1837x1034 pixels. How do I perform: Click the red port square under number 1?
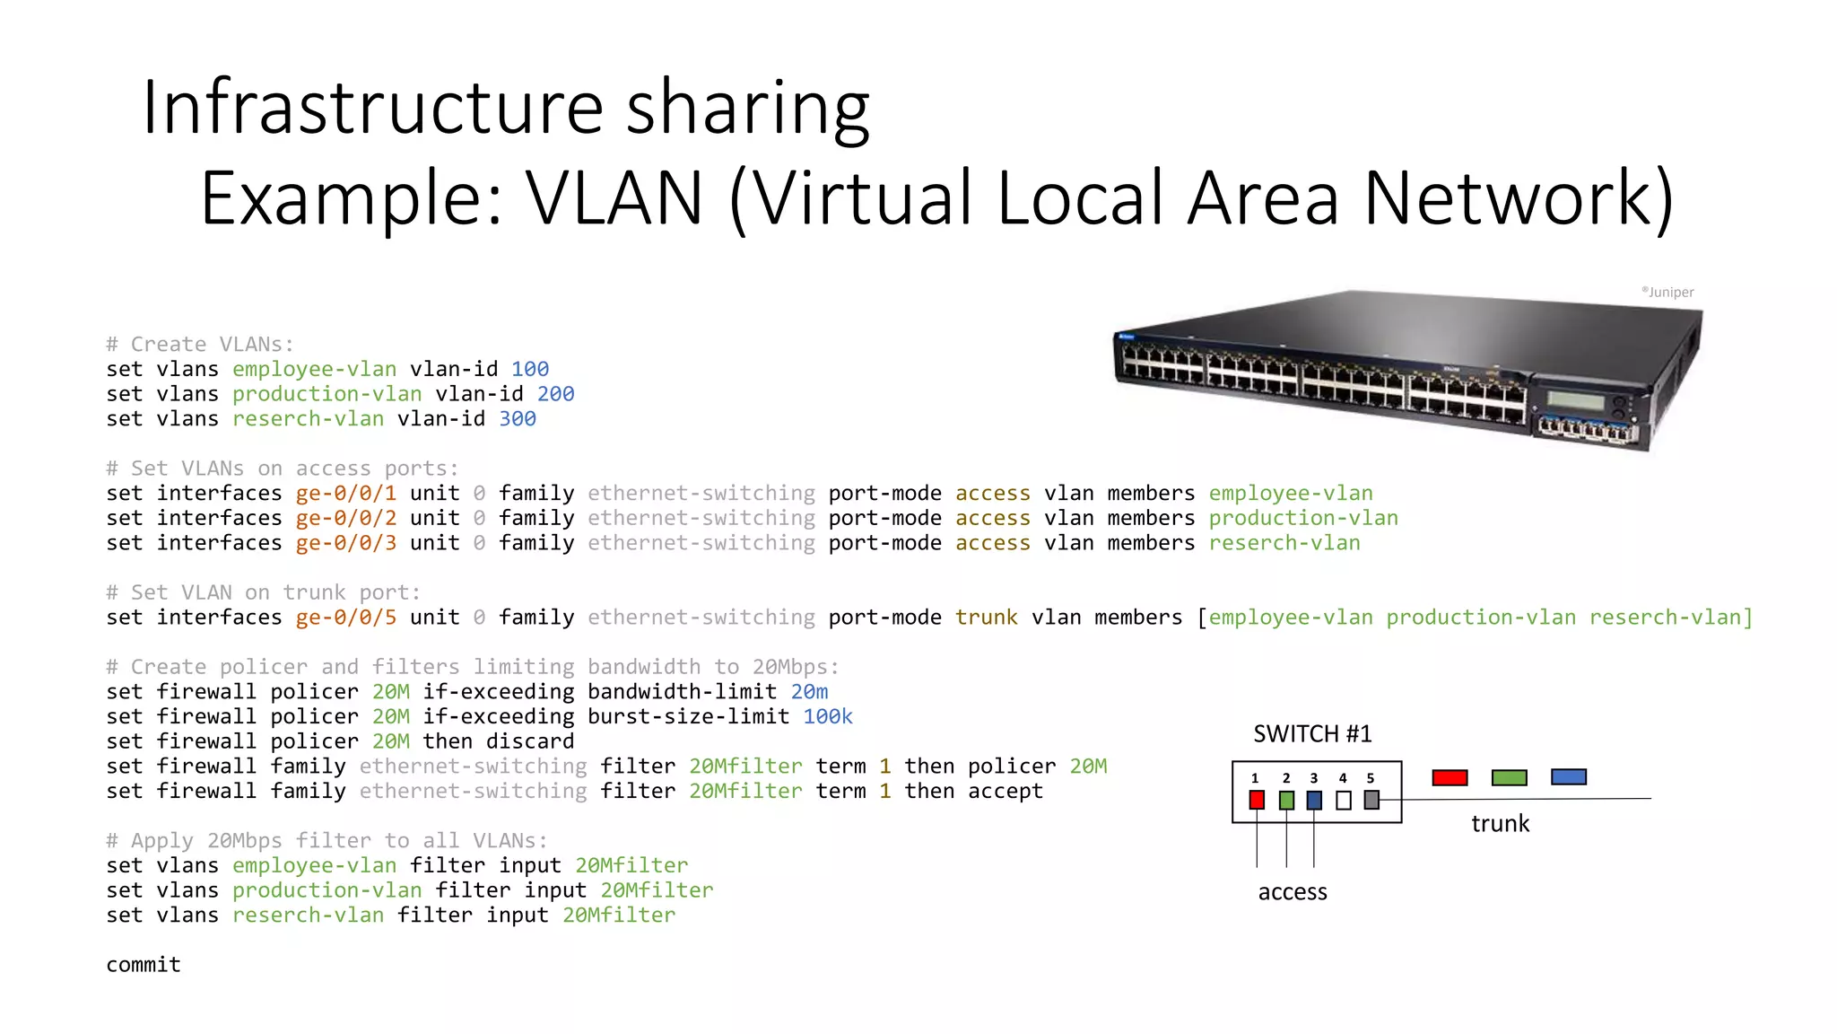point(1257,800)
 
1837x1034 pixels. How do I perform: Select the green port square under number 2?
point(1286,800)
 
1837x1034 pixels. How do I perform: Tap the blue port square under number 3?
point(1314,800)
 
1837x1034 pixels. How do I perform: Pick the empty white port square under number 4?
point(1343,800)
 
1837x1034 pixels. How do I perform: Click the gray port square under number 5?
point(1371,799)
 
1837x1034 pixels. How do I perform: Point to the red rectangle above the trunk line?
point(1450,777)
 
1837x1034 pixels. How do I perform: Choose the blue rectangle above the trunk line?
point(1568,777)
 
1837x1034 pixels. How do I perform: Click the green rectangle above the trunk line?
point(1509,777)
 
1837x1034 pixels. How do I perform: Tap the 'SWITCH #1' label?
point(1312,734)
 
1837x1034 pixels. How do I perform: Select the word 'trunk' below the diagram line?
point(1500,824)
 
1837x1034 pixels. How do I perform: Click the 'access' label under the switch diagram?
point(1293,892)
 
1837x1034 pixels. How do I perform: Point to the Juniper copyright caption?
point(1667,292)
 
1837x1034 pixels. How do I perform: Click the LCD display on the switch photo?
point(1576,399)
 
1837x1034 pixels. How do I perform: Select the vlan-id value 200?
point(555,394)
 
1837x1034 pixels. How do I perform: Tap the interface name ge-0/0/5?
point(345,618)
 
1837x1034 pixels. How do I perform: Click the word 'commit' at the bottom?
point(144,965)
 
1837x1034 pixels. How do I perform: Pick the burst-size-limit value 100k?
point(827,717)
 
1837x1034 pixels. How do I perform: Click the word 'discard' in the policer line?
point(529,741)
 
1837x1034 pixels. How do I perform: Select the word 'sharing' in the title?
point(747,108)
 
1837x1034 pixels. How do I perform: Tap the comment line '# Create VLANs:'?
point(200,345)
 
